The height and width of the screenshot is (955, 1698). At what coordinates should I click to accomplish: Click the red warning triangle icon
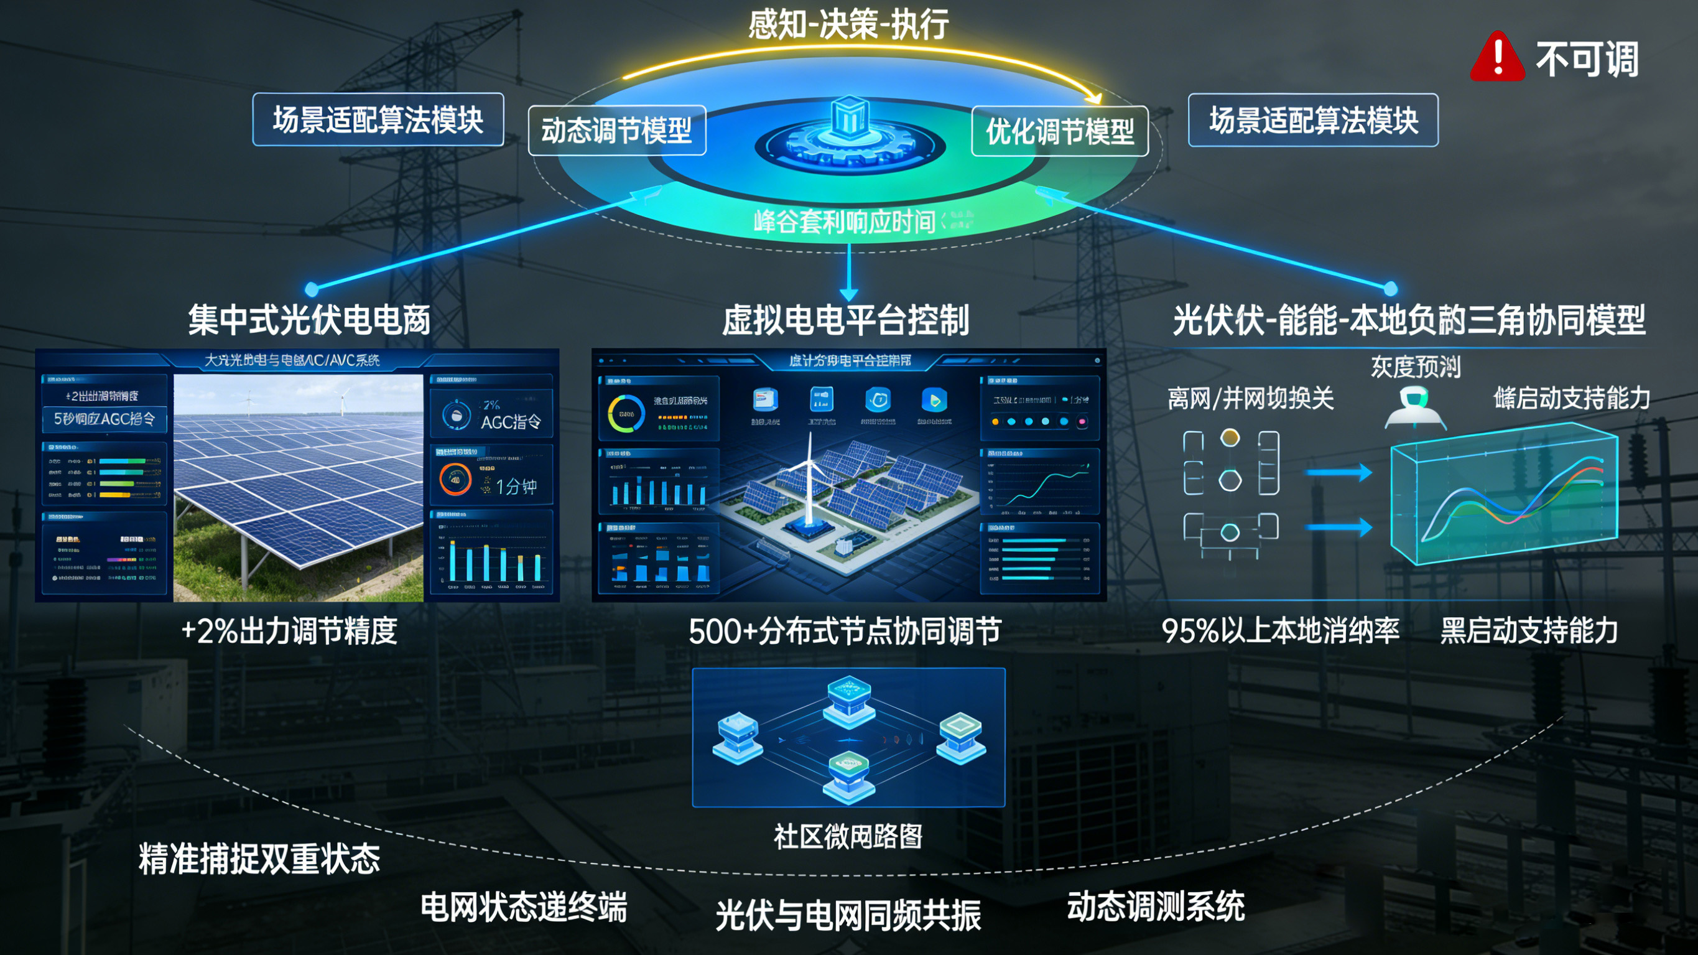pos(1497,58)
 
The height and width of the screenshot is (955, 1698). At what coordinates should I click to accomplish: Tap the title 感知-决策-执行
pos(848,25)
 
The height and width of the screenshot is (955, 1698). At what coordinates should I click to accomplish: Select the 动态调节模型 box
pos(617,130)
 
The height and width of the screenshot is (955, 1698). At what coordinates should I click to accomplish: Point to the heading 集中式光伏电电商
pos(309,320)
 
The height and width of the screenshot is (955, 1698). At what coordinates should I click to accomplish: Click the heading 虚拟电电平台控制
pos(846,320)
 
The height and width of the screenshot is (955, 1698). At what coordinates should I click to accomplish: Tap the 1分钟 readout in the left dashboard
pos(516,486)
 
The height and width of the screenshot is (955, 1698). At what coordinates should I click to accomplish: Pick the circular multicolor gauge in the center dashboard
pos(626,414)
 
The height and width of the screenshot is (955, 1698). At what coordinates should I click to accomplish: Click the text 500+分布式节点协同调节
pos(845,631)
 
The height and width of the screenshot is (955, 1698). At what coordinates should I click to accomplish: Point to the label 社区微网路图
pos(848,836)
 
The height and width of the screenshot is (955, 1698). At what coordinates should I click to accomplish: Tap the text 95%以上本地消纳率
pos(1280,630)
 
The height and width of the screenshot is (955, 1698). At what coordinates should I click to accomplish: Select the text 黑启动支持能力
pos(1529,630)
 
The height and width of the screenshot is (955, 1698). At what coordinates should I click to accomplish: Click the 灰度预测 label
pos(1415,366)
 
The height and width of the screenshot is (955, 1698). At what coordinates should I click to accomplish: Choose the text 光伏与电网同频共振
pos(848,915)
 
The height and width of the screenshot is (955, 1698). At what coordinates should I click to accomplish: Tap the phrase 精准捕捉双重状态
pos(259,859)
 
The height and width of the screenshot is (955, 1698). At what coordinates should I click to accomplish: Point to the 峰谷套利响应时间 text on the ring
pos(845,221)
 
